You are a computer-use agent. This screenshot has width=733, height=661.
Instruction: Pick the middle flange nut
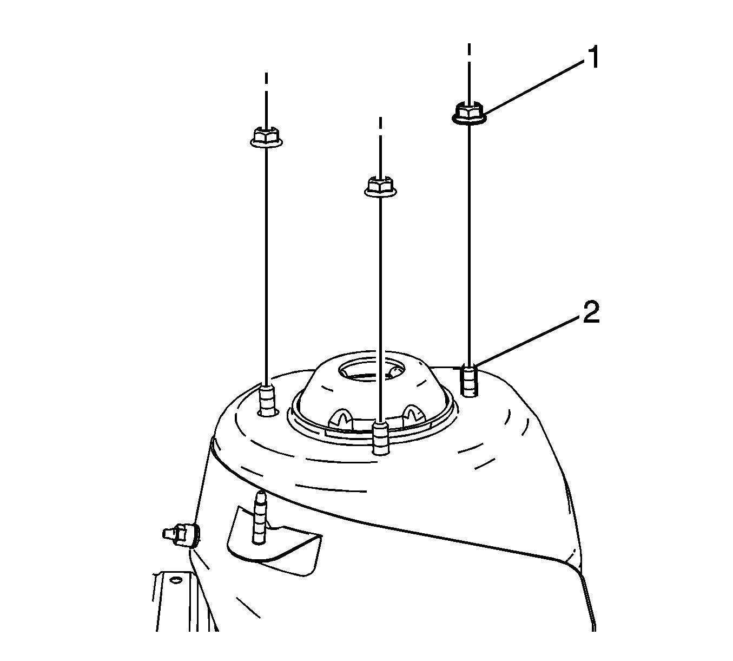click(x=381, y=186)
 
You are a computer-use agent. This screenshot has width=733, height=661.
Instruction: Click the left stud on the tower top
click(x=267, y=400)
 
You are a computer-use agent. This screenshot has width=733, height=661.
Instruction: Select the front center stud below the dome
click(x=381, y=438)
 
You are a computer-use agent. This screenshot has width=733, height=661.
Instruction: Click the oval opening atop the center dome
click(x=372, y=369)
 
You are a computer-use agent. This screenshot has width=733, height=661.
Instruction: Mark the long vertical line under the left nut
click(x=267, y=266)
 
